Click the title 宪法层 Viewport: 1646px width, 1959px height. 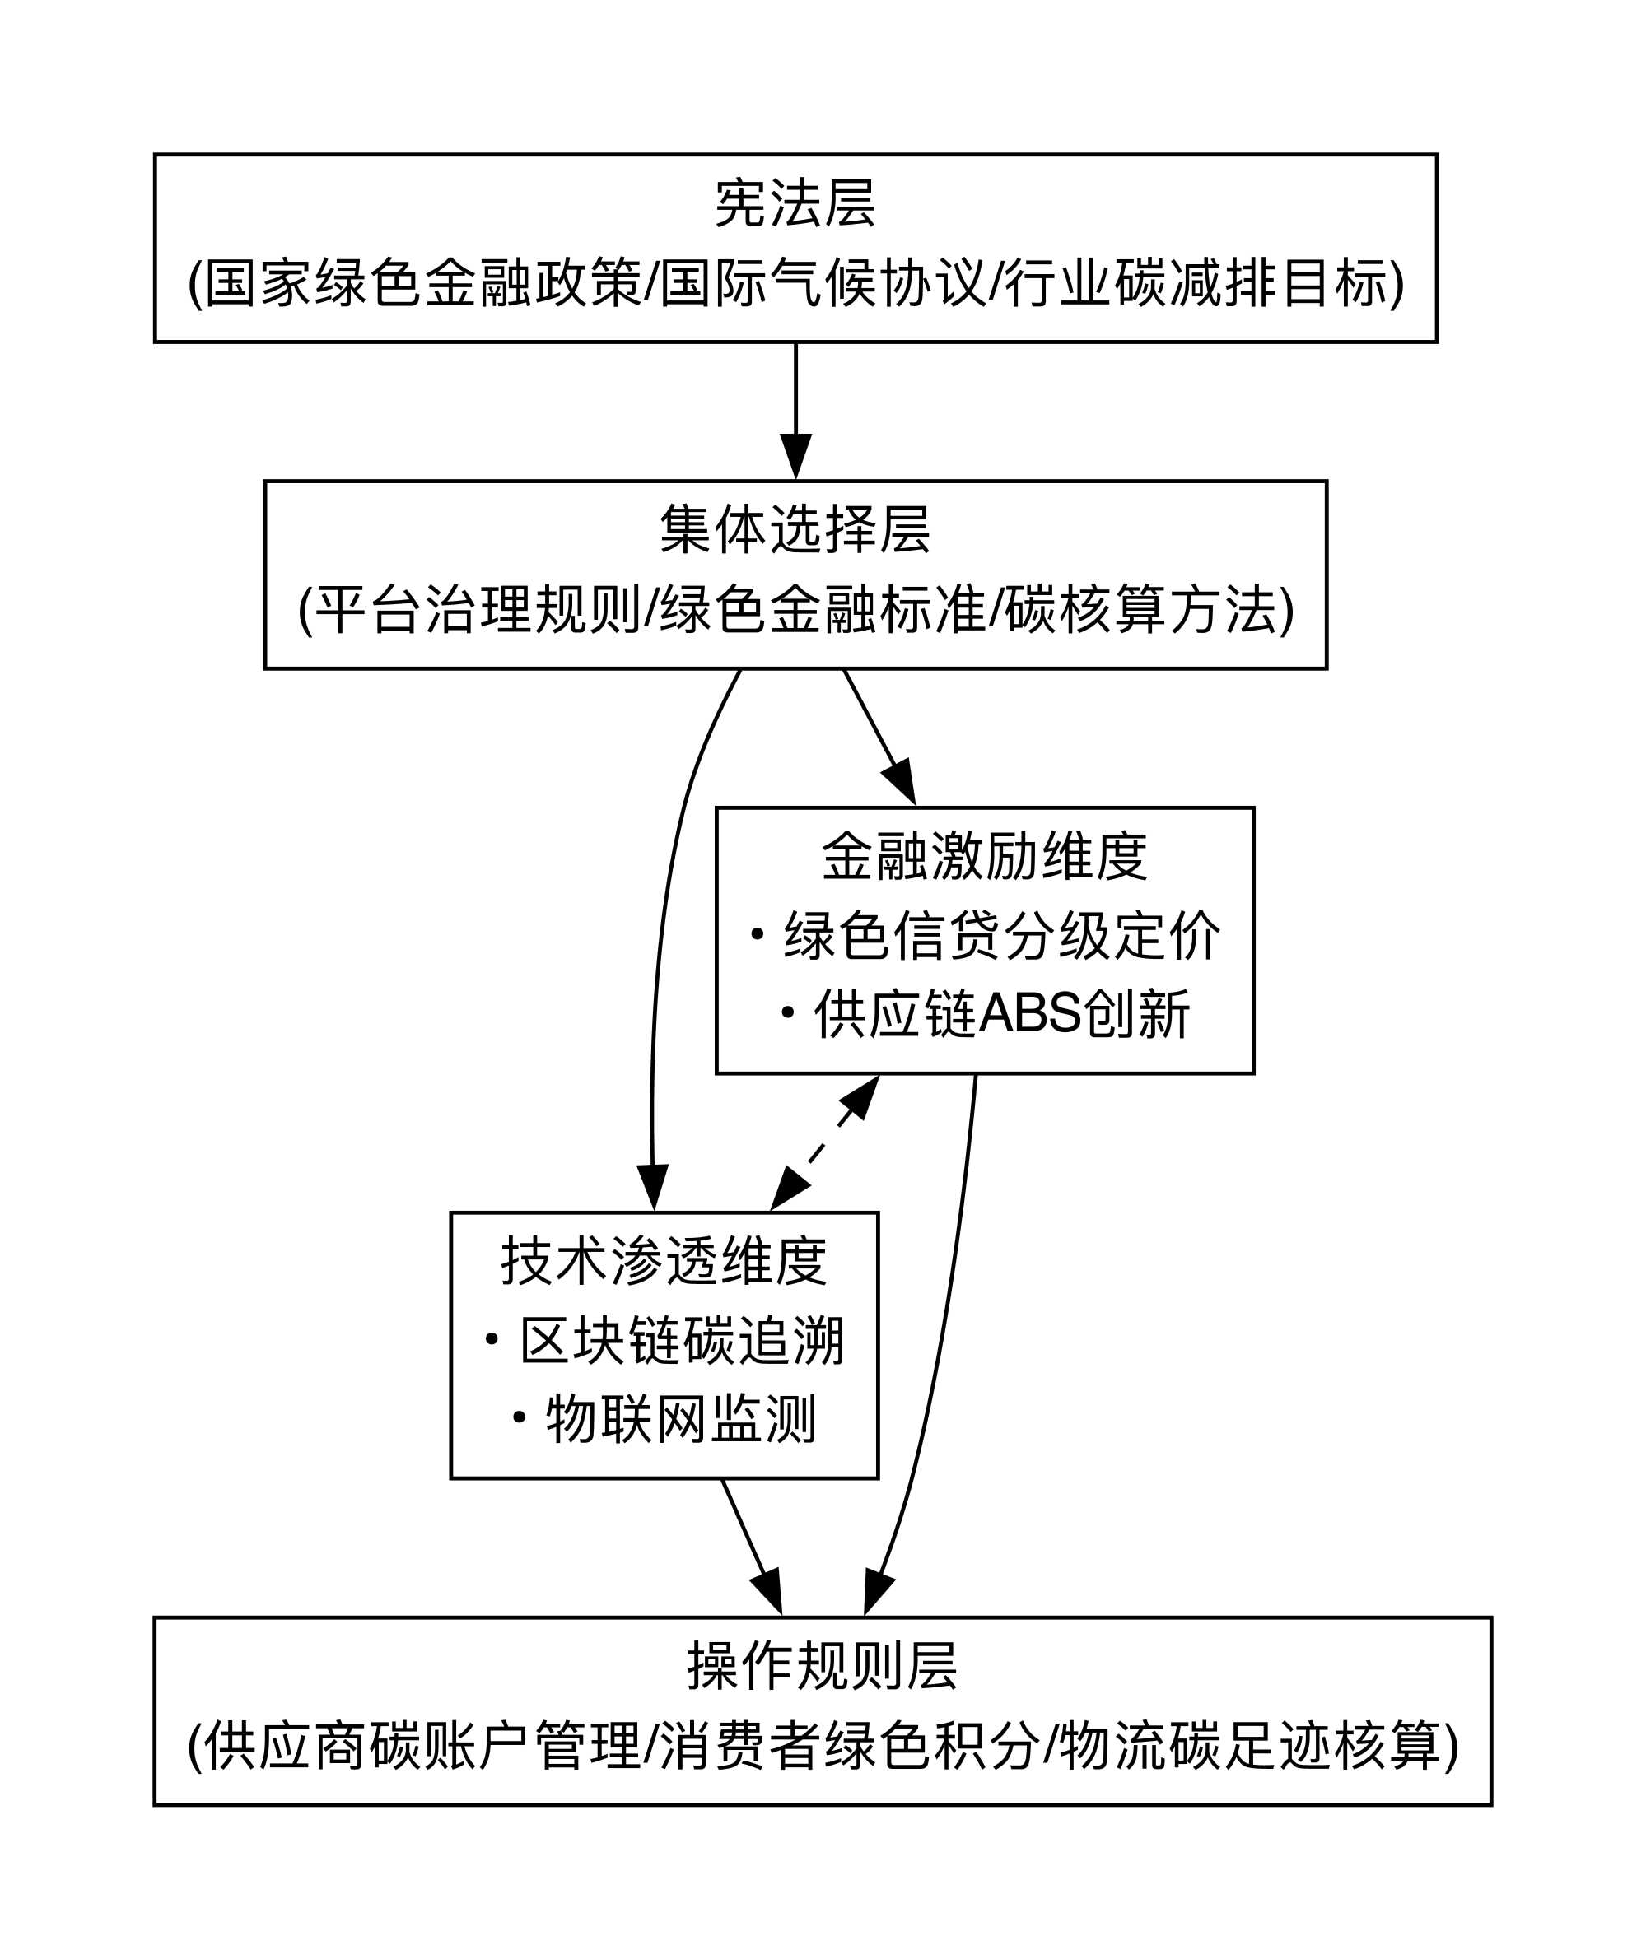pos(795,203)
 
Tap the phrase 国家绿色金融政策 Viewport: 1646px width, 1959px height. pos(423,282)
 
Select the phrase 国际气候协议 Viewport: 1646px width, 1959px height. pos(823,282)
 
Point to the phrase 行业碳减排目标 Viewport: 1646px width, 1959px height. pos(1196,282)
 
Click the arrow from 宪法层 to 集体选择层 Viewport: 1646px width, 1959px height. pos(795,412)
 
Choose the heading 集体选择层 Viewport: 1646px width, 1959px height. pos(795,530)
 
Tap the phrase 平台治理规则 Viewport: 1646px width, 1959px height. pos(478,610)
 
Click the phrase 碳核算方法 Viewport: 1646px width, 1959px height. pos(1140,610)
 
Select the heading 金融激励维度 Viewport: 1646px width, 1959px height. pos(985,856)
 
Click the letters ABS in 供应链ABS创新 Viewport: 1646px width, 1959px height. pos(1030,1015)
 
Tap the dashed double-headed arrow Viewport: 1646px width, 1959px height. pos(825,1142)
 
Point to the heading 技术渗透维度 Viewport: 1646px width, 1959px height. pos(664,1261)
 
